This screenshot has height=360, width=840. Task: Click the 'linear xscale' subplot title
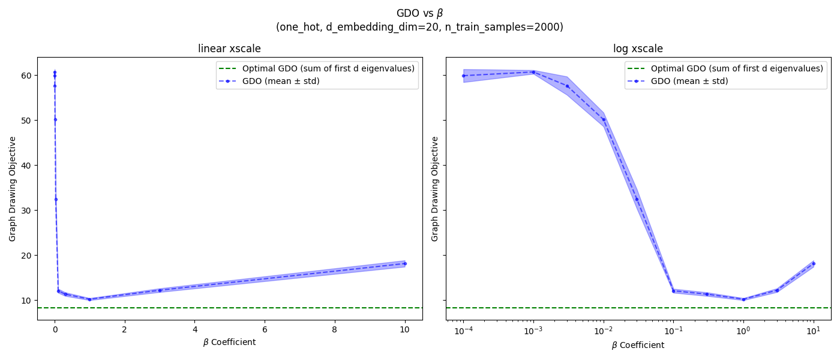coord(229,49)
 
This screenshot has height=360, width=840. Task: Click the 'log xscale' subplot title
coord(638,49)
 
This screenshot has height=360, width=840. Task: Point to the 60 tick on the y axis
coord(26,75)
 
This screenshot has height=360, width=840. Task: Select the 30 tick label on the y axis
coord(26,210)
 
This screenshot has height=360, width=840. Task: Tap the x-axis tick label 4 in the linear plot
coord(194,329)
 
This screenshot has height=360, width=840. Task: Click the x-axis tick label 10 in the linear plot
coord(404,329)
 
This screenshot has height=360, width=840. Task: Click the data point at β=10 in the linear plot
coord(404,263)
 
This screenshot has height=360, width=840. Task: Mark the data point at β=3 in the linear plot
coord(160,290)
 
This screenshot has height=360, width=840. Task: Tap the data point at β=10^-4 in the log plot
coord(463,76)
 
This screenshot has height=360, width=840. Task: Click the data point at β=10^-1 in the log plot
coord(673,291)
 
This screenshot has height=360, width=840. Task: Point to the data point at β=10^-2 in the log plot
coord(604,119)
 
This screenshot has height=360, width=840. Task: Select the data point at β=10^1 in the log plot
coord(813,263)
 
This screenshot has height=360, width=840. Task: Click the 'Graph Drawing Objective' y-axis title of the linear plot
coord(13,188)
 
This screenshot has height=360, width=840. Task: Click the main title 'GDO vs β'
coord(419,13)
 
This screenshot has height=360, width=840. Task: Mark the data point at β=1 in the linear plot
coord(89,299)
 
